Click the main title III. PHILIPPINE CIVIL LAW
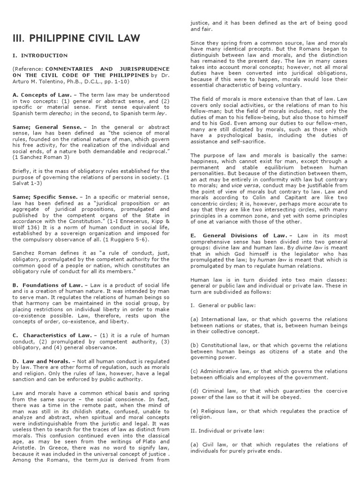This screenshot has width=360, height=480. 75,38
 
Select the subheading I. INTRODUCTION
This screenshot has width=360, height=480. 40,55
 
